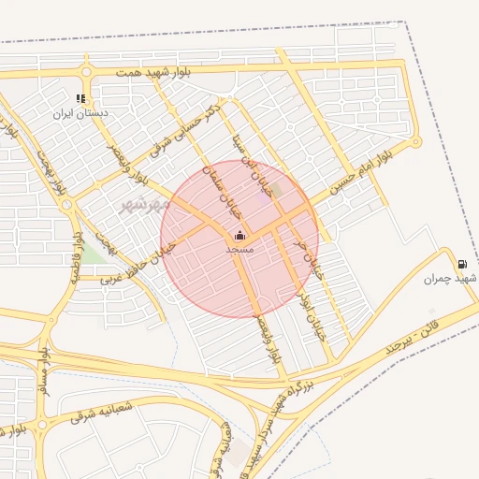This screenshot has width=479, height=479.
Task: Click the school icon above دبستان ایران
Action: tap(80, 98)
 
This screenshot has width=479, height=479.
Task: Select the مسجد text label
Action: tap(239, 250)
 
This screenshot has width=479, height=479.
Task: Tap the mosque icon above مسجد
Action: tap(239, 236)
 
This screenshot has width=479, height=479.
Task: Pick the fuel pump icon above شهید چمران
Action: tap(462, 263)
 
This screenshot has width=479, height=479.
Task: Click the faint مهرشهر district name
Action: tap(138, 203)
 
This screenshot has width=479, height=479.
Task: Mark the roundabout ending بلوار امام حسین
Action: tap(416, 141)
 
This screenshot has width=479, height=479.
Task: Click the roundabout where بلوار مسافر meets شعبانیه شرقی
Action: tap(40, 427)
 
